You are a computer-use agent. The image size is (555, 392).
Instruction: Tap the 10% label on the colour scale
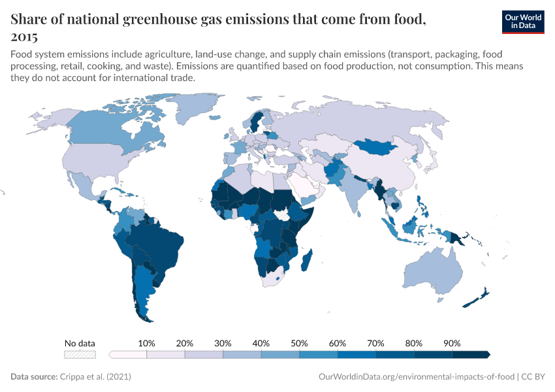(x=146, y=343)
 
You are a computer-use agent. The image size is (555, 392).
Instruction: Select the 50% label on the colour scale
(x=299, y=343)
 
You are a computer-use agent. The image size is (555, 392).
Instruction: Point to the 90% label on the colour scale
(x=452, y=343)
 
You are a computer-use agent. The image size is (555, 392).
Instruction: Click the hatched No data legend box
(x=80, y=355)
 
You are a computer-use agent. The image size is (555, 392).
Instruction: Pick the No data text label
(x=80, y=343)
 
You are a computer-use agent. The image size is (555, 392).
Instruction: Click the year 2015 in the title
(x=24, y=37)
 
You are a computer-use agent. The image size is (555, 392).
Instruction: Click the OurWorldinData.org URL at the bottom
(x=415, y=377)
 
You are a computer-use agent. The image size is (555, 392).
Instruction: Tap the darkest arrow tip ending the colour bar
(x=488, y=355)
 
